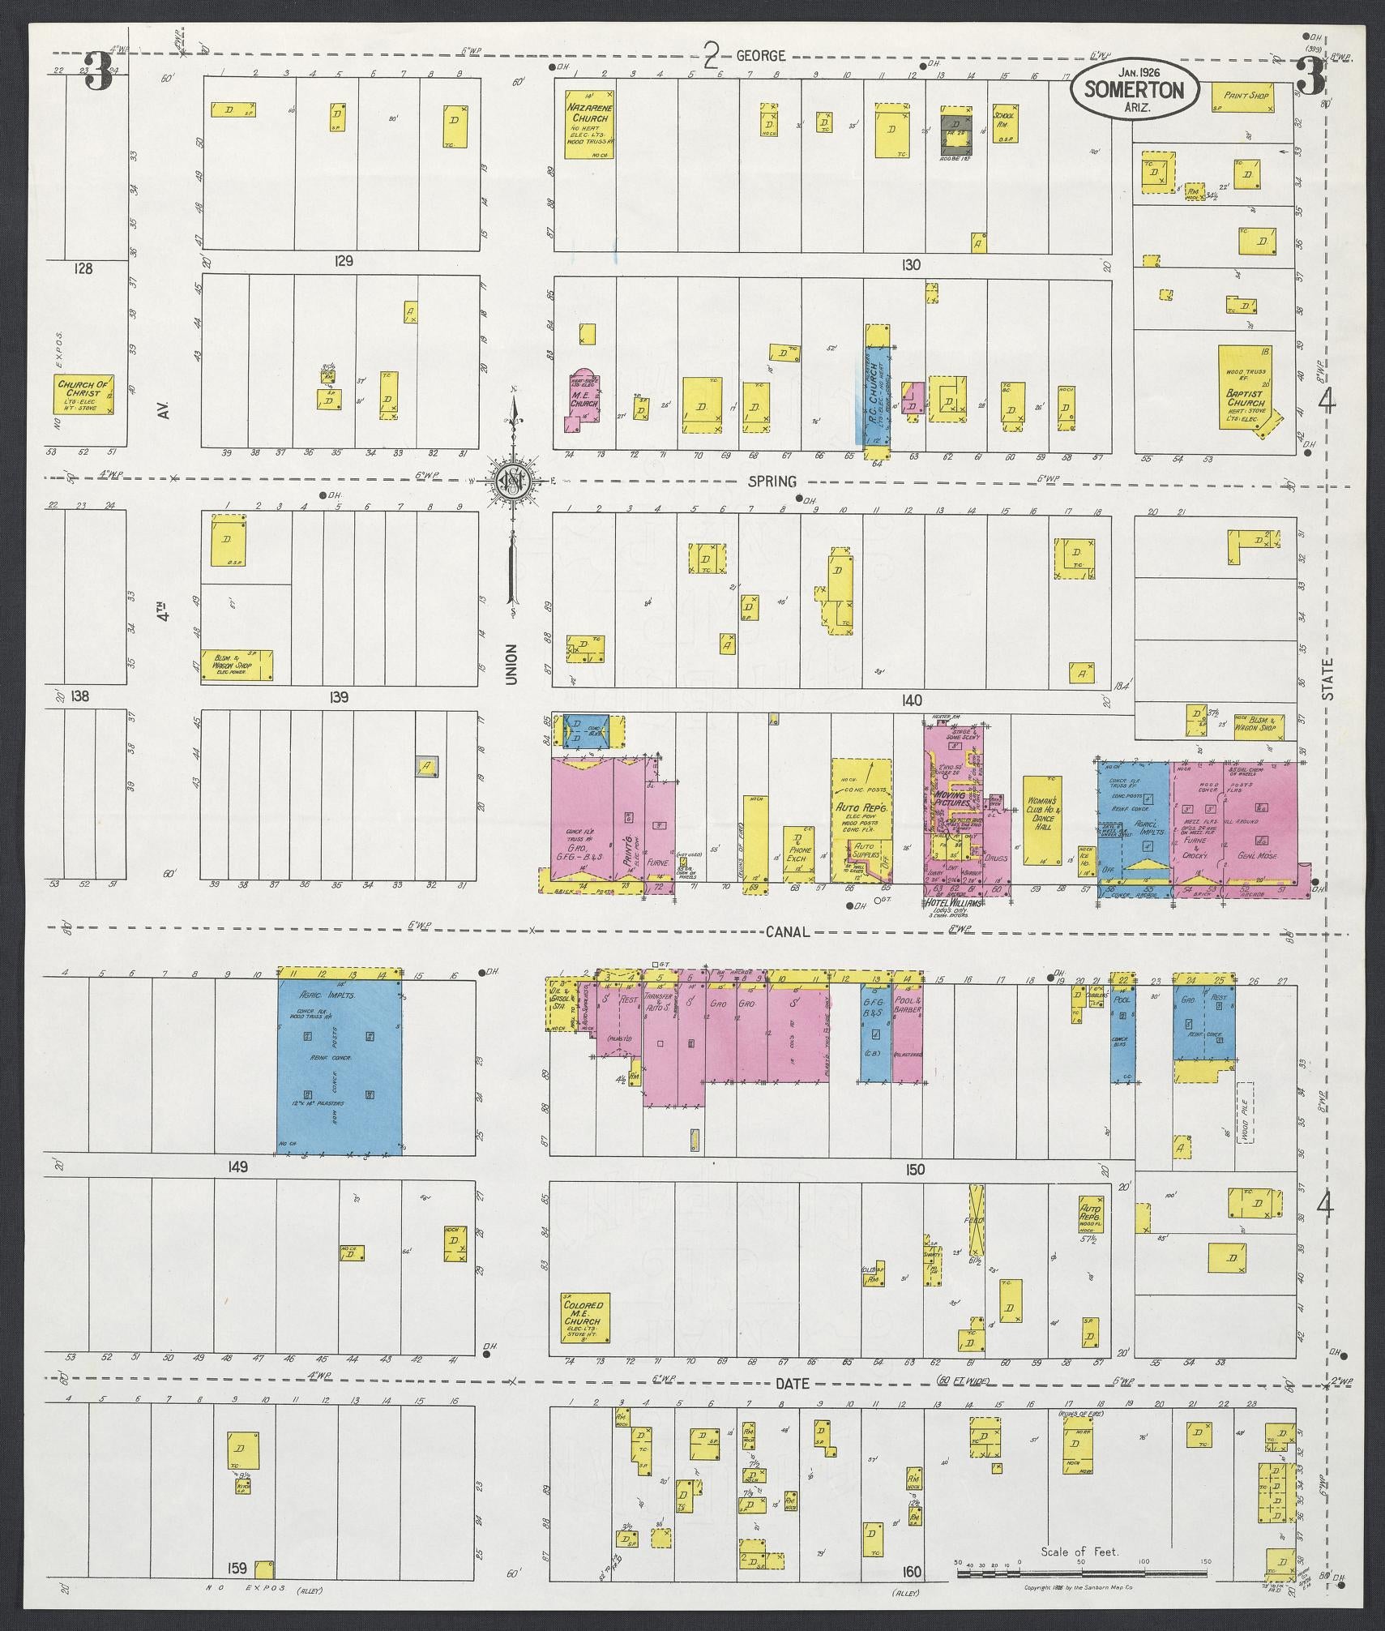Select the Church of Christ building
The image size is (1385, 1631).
[x=83, y=393]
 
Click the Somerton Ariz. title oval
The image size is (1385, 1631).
[x=1134, y=92]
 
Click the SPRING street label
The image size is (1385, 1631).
[x=772, y=482]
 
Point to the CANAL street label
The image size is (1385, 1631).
[x=787, y=931]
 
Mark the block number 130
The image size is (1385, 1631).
[x=911, y=264]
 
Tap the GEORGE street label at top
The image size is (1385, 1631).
[x=760, y=55]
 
